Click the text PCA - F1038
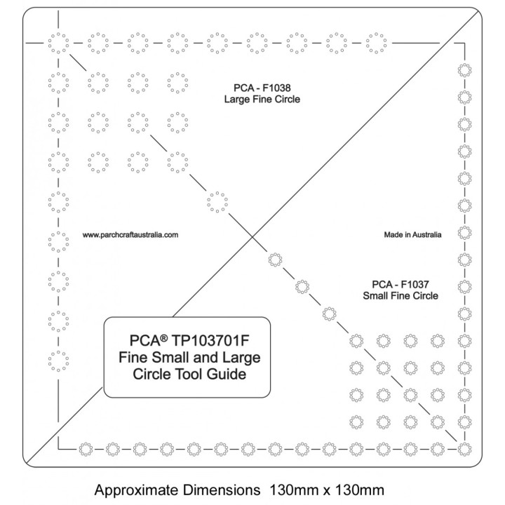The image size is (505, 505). pyautogui.click(x=262, y=88)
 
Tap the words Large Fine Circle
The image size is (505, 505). pyautogui.click(x=262, y=100)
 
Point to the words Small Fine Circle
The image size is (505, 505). pyautogui.click(x=400, y=296)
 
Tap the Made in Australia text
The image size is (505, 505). pyautogui.click(x=413, y=236)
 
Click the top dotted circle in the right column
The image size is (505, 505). pyautogui.click(x=464, y=70)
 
